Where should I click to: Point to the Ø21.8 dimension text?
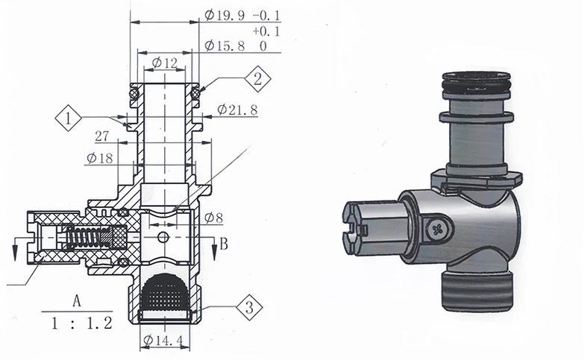click(x=237, y=110)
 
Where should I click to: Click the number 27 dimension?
click(x=102, y=136)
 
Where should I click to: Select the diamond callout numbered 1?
click(x=69, y=118)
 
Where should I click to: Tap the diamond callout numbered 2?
click(x=257, y=78)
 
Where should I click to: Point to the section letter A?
click(x=76, y=301)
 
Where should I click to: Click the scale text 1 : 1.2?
click(x=76, y=324)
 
